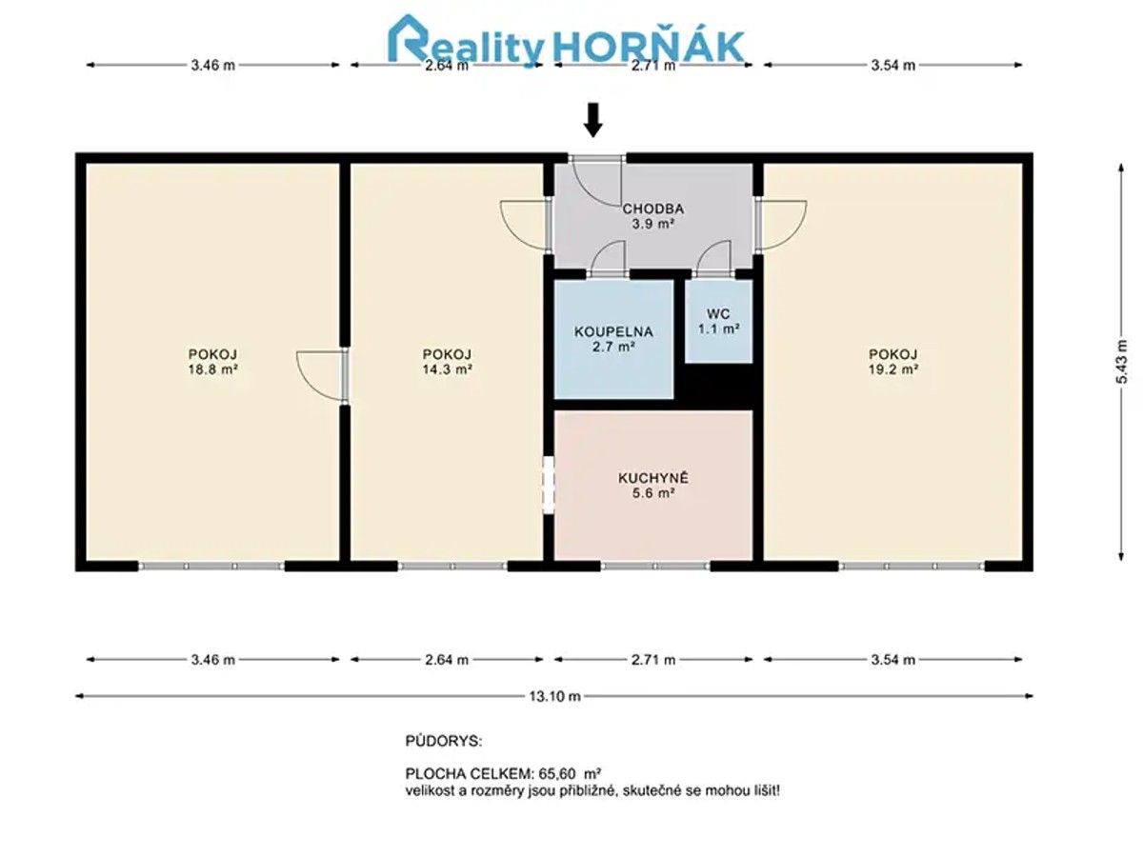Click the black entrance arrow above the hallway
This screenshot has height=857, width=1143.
click(592, 120)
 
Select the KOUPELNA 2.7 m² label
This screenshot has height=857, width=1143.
click(613, 339)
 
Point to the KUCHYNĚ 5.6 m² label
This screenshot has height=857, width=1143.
click(653, 485)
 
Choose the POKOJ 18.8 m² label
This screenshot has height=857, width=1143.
click(213, 362)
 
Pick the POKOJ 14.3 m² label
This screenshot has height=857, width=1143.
click(448, 362)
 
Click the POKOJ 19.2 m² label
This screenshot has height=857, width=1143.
click(893, 362)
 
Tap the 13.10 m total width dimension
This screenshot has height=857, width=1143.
click(554, 696)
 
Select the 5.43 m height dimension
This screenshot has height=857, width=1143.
click(1121, 362)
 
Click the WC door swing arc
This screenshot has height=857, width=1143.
click(712, 257)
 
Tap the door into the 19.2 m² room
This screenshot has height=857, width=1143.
click(782, 225)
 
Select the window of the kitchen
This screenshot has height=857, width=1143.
click(655, 567)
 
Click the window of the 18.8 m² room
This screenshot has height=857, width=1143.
click(212, 567)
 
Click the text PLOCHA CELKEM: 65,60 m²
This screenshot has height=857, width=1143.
click(504, 773)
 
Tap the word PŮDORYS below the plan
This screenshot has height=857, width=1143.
click(444, 741)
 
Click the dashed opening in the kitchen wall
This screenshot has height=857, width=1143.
click(549, 485)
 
